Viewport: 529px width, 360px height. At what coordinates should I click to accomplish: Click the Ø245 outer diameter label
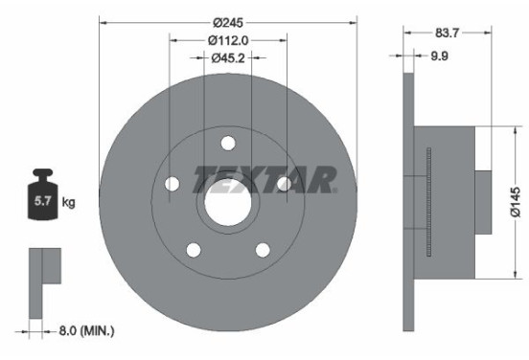point(228,19)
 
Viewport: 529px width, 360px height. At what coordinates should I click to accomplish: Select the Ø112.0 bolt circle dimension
point(228,39)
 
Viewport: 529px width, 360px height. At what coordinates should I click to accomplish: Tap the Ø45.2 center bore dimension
point(228,57)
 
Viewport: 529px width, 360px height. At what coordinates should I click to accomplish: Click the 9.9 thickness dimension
point(440,56)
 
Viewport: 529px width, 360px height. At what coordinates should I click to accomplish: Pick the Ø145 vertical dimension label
point(516,203)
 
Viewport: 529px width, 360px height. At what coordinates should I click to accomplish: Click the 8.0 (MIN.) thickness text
point(82,330)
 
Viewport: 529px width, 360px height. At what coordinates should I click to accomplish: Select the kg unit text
point(68,202)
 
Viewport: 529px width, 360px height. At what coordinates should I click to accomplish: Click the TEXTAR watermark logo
point(265,178)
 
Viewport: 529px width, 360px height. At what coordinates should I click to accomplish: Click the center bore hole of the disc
point(227,203)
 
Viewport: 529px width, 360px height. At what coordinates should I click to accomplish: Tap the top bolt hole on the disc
point(227,144)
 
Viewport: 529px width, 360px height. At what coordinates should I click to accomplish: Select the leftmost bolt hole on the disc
point(172,184)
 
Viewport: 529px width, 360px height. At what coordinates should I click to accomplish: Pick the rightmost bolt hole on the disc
point(284,184)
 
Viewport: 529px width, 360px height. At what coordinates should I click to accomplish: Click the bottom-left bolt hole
point(193,250)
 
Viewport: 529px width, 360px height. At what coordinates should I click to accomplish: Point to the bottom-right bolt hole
point(262,250)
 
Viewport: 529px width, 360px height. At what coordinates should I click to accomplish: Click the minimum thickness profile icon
point(44,272)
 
